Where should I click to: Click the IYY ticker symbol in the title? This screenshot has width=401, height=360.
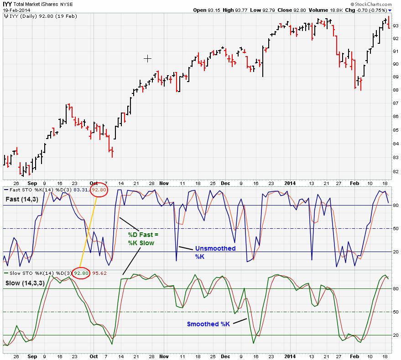8,4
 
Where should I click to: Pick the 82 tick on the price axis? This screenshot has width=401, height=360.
395,171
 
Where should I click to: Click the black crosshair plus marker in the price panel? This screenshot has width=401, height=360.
147,58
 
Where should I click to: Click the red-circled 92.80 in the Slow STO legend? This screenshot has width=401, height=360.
81,273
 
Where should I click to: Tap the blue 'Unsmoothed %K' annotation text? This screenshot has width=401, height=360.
215,252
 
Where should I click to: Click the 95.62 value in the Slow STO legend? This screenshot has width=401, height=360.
99,273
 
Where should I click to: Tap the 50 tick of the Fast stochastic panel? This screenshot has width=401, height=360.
395,228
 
